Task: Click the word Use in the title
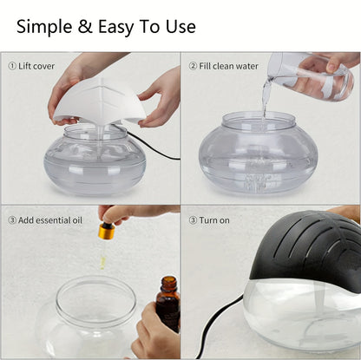click(x=178, y=26)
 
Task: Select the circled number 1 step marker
click(x=12, y=65)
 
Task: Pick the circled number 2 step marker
click(x=194, y=65)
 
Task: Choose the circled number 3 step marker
click(x=12, y=219)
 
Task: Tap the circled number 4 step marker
click(x=194, y=219)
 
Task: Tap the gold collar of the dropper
click(x=107, y=232)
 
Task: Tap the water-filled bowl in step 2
click(x=258, y=156)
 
